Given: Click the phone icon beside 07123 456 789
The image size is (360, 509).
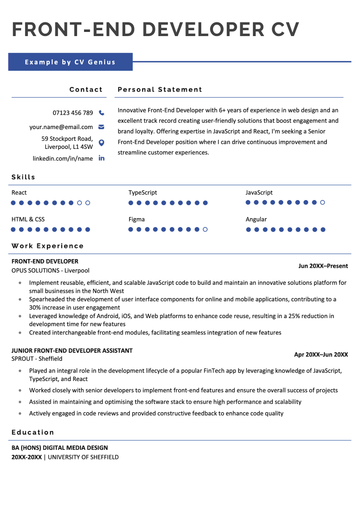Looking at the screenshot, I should [101, 113].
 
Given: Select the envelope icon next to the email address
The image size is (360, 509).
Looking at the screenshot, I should [101, 128].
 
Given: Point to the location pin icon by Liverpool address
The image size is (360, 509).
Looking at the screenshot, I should [101, 143].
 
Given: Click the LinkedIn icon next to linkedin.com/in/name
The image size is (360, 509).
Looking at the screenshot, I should [101, 158].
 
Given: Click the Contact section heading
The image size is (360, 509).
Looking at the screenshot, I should [85, 89].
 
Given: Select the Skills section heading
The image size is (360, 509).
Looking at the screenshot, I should [23, 176].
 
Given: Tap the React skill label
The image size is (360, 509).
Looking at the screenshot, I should [19, 191].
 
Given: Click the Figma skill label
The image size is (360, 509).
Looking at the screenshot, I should [137, 218].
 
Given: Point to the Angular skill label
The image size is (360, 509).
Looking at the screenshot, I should [256, 218].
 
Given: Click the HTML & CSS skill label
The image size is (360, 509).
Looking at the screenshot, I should [28, 218].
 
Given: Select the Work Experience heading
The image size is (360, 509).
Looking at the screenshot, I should [47, 245].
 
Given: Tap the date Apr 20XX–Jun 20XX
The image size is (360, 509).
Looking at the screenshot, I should [320, 354].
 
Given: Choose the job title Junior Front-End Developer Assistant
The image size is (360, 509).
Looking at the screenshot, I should [71, 349].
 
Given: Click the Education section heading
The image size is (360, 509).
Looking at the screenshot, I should [33, 432].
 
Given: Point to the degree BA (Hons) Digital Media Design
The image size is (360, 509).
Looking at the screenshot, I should [59, 447].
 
